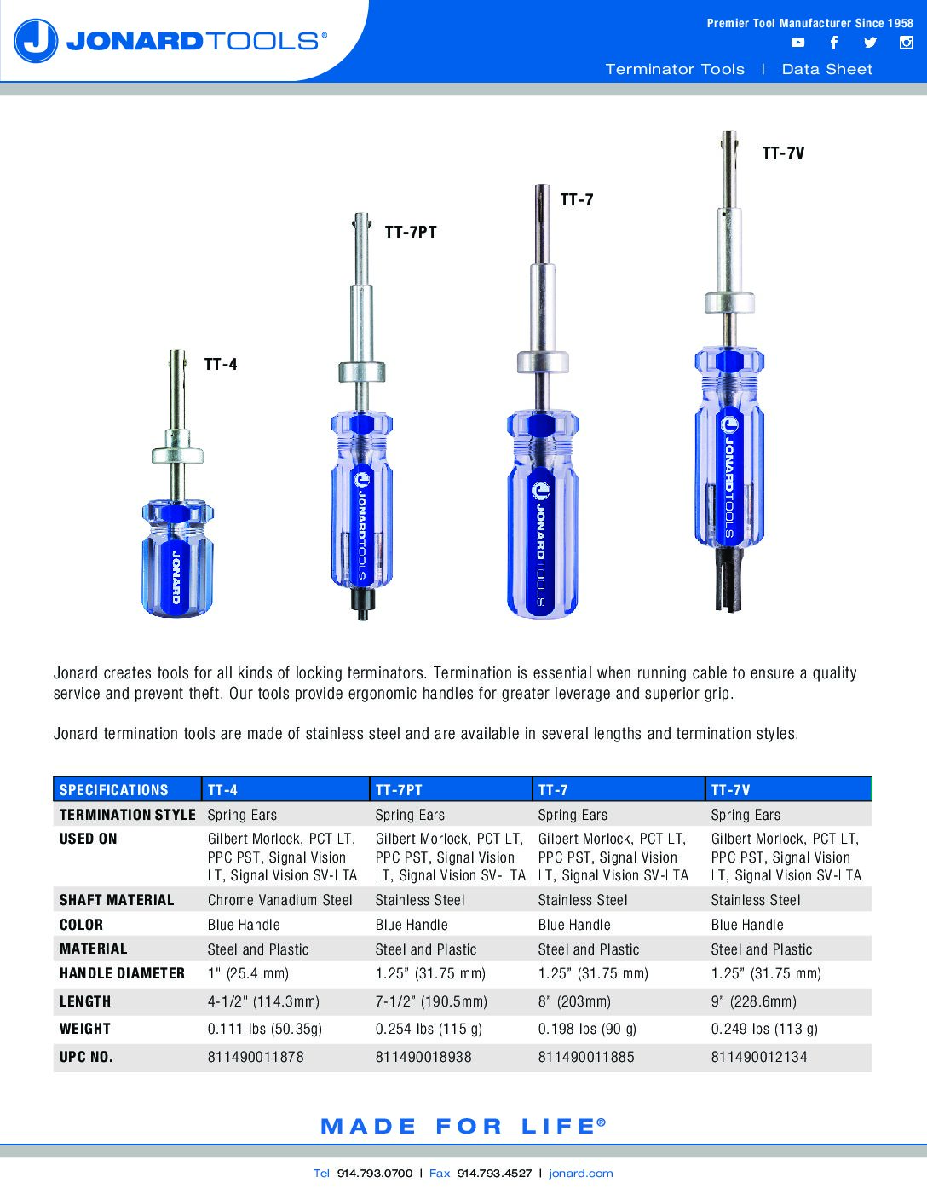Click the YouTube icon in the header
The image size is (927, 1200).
click(x=797, y=43)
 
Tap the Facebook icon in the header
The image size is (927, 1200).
click(x=833, y=43)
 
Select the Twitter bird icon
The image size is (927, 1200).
click(x=870, y=43)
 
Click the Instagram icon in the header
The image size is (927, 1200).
click(x=906, y=43)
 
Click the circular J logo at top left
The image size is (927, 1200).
click(x=36, y=41)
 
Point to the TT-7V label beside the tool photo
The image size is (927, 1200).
click(x=783, y=153)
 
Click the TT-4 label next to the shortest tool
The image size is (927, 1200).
click(x=221, y=365)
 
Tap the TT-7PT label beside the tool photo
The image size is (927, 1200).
click(x=410, y=232)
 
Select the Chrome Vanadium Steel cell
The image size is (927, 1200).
click(x=279, y=900)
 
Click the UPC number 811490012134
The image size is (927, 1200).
click(x=758, y=1057)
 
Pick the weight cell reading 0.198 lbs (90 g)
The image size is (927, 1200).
click(x=587, y=1029)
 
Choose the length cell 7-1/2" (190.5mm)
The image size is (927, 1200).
click(x=431, y=1001)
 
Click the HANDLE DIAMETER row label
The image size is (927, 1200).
click(x=122, y=973)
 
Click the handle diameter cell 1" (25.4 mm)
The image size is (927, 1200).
click(x=248, y=973)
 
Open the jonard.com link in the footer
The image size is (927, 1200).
click(x=581, y=1173)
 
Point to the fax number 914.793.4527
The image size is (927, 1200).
click(x=494, y=1173)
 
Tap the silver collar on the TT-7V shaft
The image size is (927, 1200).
click(x=729, y=303)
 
